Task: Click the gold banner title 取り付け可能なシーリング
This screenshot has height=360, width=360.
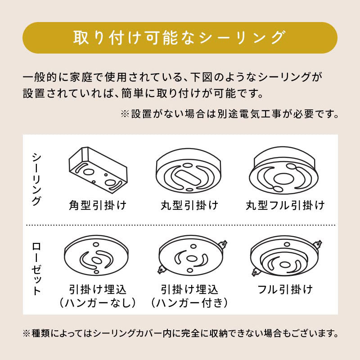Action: [x=179, y=38]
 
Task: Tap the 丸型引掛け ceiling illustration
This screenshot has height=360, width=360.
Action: [x=189, y=171]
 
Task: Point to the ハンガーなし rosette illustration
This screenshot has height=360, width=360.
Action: [x=96, y=256]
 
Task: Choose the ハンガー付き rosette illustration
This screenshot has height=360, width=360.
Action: [x=193, y=255]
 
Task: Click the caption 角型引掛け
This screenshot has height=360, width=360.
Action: [x=98, y=205]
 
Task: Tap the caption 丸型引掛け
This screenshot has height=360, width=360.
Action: [x=189, y=205]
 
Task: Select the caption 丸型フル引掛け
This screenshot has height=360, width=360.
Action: [x=285, y=205]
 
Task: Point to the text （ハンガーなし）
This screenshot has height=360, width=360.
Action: [x=98, y=303]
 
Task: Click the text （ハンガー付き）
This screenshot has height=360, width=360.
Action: [x=189, y=303]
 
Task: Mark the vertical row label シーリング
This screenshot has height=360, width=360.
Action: [x=36, y=179]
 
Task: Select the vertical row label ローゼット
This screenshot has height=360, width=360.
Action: [x=36, y=269]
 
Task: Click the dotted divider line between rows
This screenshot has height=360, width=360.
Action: [x=181, y=225]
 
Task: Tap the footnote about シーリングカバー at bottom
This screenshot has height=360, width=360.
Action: [x=181, y=333]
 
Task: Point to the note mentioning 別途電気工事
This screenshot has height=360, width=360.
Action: [x=229, y=114]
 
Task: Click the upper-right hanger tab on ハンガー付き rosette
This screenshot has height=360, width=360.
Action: [x=223, y=244]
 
